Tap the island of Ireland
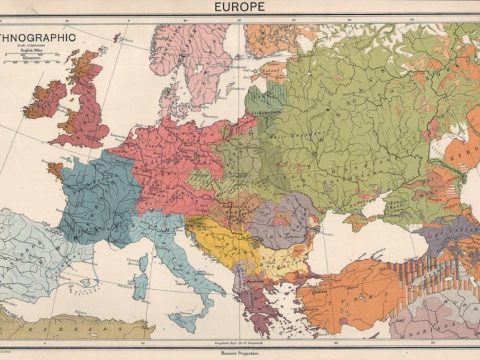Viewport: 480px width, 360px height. point(44,100)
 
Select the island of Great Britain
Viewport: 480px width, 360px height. point(85,105)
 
